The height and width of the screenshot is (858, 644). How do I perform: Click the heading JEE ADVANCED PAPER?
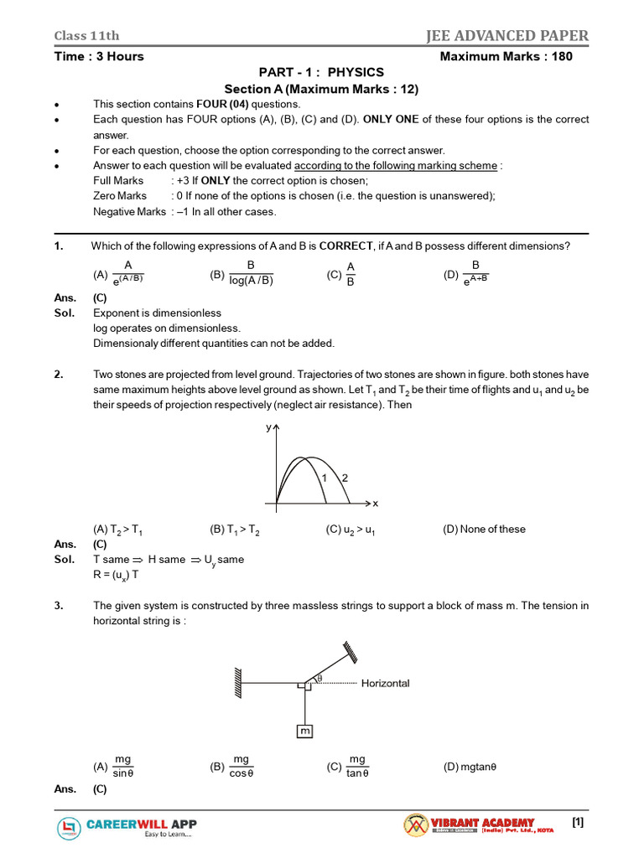coord(506,35)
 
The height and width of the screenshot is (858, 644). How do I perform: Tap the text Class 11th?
coord(86,35)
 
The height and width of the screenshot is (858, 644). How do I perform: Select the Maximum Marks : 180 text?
coord(514,56)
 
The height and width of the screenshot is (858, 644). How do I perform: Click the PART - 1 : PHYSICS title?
coord(321,73)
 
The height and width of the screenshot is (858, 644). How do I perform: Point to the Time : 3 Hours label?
coord(99,56)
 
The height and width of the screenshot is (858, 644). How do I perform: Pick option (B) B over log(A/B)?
coord(241,273)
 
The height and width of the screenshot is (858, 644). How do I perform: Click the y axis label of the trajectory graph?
coord(269,427)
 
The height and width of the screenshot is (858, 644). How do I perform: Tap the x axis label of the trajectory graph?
coord(375,504)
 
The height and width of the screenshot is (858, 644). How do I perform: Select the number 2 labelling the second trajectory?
coord(344,478)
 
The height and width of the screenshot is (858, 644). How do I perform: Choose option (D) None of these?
coord(484,529)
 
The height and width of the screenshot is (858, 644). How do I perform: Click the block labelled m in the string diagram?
coord(304,731)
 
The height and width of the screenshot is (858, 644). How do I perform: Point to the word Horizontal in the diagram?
coord(385,684)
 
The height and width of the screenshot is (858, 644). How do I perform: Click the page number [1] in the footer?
coord(578,823)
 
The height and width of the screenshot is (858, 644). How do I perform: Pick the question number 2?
coord(59,375)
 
